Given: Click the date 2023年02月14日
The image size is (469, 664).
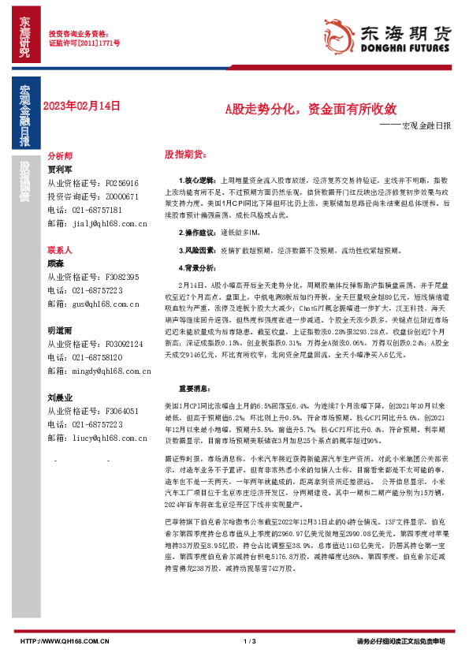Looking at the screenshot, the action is click(x=81, y=106).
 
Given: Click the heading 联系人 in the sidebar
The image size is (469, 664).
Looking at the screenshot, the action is click(x=60, y=249).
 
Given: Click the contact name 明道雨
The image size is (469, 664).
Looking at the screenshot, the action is click(x=60, y=331).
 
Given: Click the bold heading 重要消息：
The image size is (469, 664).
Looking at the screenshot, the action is click(x=193, y=389).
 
